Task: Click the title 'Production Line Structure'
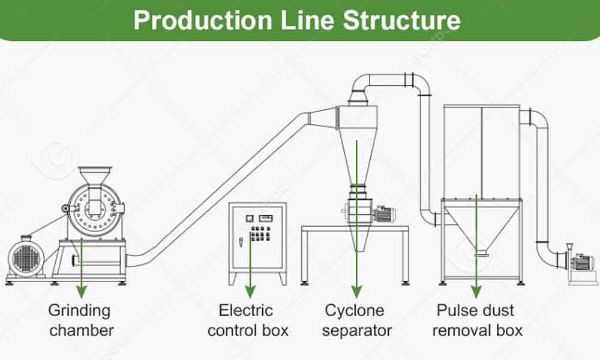tap(297, 19)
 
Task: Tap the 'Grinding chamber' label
tap(80, 320)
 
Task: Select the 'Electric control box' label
tap(248, 320)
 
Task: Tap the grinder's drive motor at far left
tap(28, 258)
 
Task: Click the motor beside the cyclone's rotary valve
tap(382, 213)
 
